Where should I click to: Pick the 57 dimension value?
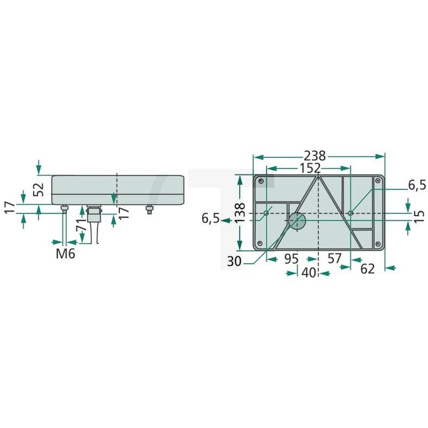tap(334, 259)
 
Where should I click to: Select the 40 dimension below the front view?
tap(308, 273)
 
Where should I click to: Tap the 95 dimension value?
tap(292, 259)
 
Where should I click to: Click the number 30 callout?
tap(234, 261)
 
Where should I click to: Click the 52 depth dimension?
tap(39, 189)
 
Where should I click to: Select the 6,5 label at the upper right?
tap(417, 186)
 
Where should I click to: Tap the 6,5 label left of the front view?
tap(211, 219)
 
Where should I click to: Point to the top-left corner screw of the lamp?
tap(262, 181)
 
